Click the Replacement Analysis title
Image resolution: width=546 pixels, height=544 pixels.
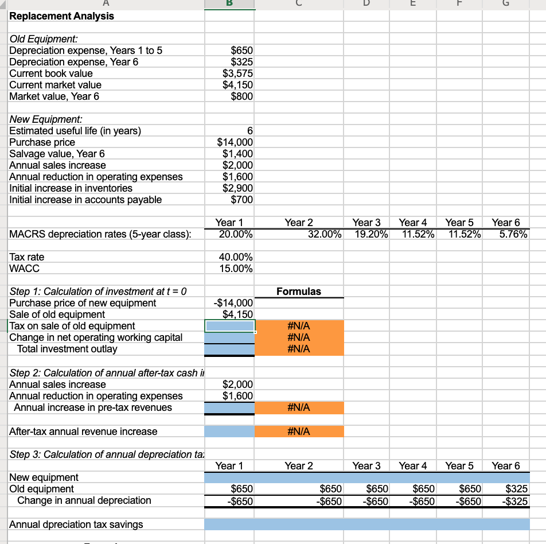point(61,16)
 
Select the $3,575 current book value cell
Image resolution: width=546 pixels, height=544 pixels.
point(237,73)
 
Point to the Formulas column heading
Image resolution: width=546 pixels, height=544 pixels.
point(299,292)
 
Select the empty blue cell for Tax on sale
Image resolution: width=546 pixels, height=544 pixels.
point(230,326)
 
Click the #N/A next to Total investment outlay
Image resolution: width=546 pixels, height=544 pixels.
point(299,349)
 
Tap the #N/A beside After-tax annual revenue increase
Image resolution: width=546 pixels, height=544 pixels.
point(299,432)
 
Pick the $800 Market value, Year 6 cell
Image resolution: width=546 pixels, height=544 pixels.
point(241,96)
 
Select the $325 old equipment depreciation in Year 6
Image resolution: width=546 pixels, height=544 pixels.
point(515,489)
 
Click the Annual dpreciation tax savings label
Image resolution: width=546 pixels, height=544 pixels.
point(76,524)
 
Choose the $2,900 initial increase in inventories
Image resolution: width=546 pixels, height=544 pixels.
point(237,188)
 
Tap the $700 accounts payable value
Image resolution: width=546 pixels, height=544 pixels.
point(241,200)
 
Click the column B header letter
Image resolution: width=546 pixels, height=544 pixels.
point(230,3)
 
